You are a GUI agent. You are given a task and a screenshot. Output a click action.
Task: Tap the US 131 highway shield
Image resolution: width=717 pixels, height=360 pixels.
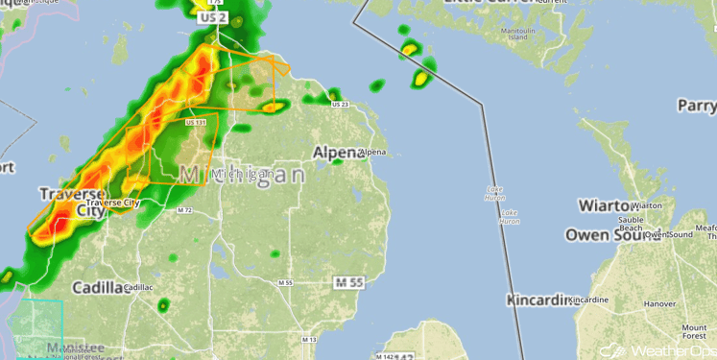point(196,122)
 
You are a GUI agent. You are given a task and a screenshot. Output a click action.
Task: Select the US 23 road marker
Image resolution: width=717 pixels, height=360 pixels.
point(337,104)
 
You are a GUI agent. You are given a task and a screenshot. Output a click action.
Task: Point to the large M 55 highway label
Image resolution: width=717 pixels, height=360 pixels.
point(350,282)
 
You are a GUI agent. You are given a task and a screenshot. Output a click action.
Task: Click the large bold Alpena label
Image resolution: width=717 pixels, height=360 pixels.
point(336,152)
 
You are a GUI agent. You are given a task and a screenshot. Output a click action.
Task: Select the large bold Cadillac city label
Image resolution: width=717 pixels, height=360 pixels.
point(101,287)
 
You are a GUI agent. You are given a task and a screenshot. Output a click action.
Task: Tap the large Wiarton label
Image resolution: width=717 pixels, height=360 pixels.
point(606,205)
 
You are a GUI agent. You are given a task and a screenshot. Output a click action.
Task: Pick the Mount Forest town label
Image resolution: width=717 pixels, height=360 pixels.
point(694,332)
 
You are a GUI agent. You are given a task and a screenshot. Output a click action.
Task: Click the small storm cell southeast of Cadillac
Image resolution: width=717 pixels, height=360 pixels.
point(163,305)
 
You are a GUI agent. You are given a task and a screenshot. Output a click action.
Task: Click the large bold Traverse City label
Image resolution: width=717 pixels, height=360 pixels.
point(71,203)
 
